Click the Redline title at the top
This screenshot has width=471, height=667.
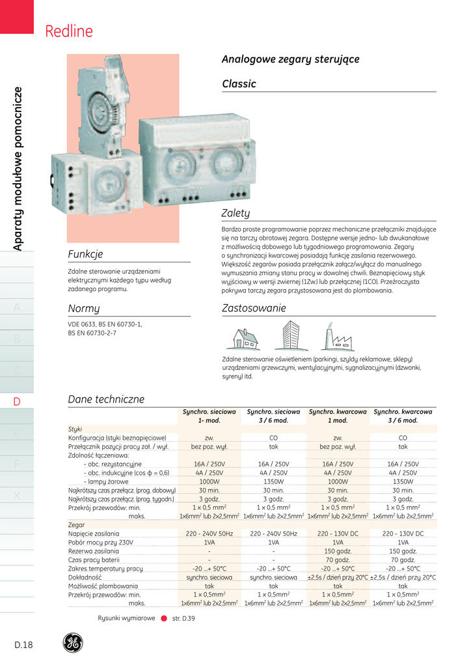(69, 31)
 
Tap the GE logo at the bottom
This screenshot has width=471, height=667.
(72, 643)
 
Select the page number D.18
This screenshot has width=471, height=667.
(23, 645)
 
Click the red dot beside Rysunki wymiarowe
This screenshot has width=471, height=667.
(163, 617)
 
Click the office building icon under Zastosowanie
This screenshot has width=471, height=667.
(286, 336)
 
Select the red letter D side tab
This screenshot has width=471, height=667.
(17, 402)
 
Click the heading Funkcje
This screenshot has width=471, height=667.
(85, 254)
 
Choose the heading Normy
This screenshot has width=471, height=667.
(84, 308)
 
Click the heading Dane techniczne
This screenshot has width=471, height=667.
(106, 399)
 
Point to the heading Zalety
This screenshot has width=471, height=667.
(235, 214)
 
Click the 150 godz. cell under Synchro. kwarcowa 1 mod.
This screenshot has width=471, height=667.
(338, 551)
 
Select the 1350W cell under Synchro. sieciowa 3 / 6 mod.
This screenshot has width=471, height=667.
(273, 481)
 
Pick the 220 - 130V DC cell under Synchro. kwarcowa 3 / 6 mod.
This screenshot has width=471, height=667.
(403, 533)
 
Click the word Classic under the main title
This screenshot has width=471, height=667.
(239, 84)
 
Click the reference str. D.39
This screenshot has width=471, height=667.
(183, 617)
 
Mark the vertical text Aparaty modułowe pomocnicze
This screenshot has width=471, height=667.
(18, 168)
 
